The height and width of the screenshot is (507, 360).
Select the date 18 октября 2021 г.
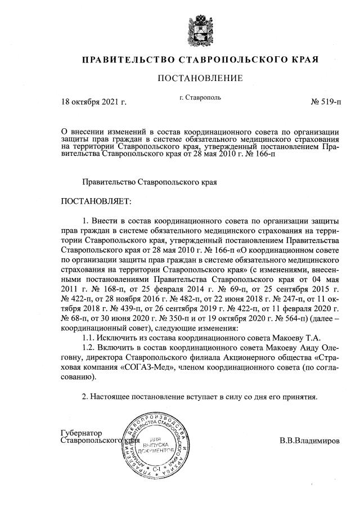[93, 103]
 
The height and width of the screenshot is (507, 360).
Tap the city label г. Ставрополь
[200, 97]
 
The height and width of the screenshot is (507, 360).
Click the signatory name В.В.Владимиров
[309, 441]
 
